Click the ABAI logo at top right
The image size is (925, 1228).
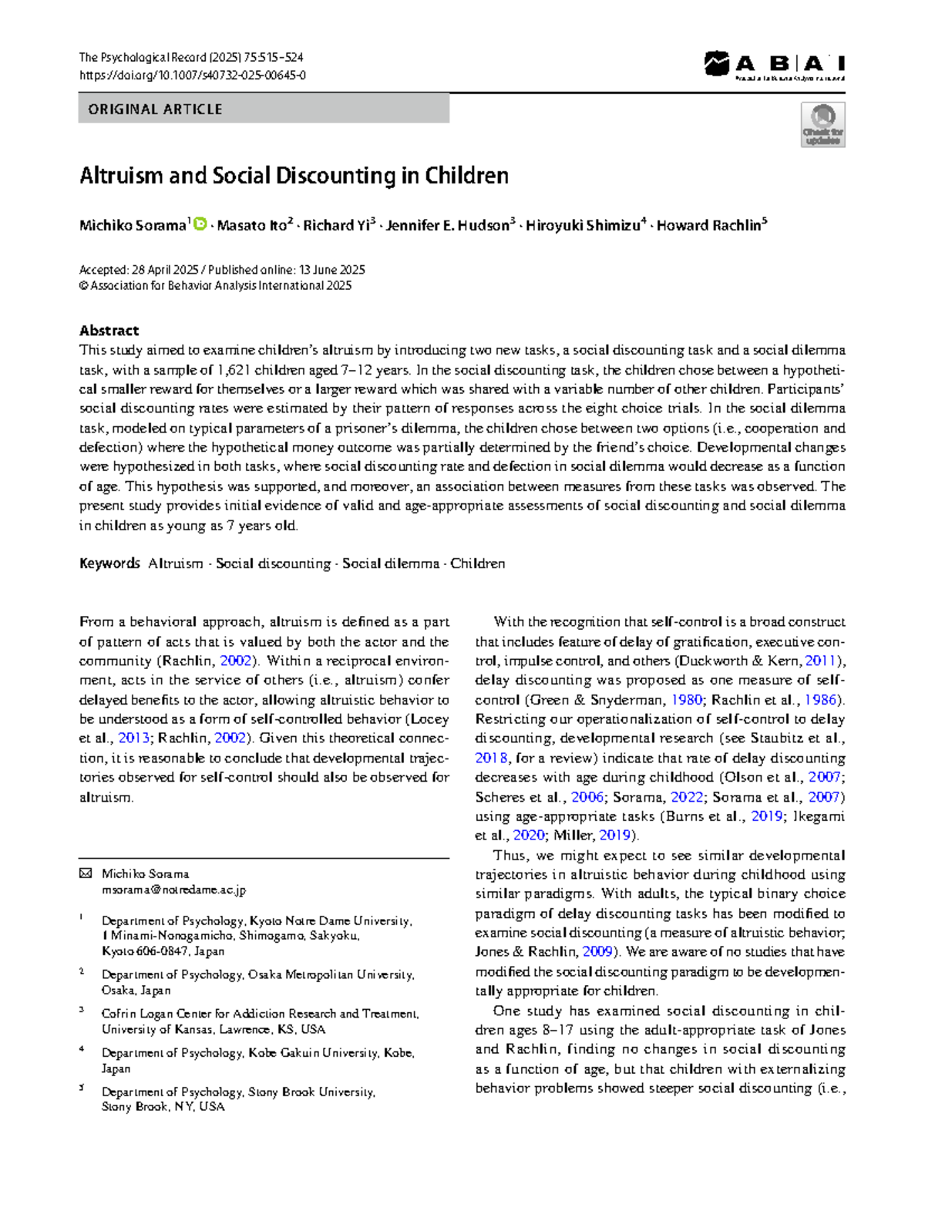pos(774,65)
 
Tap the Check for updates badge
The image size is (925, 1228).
pos(822,125)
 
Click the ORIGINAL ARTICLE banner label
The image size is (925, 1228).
pos(155,109)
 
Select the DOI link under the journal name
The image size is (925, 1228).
pos(192,76)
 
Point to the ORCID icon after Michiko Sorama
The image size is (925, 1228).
pos(199,224)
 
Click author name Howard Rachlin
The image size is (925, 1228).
pos(709,226)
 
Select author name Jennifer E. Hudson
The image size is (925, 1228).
pos(447,226)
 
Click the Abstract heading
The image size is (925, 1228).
pos(109,331)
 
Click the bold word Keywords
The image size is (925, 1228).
pos(109,564)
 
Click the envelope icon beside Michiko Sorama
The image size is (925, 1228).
pos(86,873)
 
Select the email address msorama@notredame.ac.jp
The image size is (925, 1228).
pos(173,890)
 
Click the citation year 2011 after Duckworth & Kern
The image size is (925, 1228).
pos(820,661)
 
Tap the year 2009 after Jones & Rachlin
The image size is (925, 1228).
pos(597,952)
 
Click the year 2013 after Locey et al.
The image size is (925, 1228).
pos(133,738)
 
